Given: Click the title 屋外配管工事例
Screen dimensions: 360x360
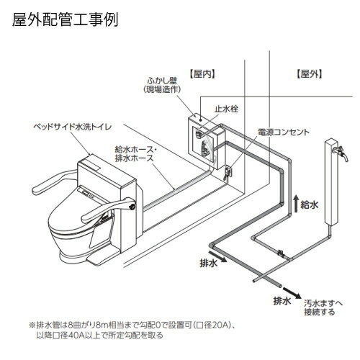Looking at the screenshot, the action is click(66, 19).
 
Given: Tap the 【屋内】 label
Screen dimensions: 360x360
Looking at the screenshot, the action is click(202, 74).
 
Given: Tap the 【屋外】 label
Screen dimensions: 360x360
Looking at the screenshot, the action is click(309, 74).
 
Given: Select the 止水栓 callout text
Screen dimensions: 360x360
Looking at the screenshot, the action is click(226, 109).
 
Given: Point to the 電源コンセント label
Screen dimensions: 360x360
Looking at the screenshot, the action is click(284, 132).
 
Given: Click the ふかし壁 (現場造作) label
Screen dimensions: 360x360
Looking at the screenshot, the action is click(162, 85).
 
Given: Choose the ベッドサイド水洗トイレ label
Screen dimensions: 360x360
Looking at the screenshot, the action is click(73, 127).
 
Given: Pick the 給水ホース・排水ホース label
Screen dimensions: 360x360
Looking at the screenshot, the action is click(136, 154).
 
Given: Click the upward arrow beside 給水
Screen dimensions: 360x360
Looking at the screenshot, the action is click(296, 204).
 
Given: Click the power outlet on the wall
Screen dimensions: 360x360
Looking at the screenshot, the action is click(228, 173).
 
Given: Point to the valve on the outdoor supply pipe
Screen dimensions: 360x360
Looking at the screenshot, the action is click(280, 253).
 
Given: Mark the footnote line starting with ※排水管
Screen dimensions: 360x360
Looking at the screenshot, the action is click(133, 325).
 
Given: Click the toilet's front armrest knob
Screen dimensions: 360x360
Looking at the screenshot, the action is click(132, 206).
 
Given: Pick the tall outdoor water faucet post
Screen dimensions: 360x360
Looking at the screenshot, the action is click(331, 181).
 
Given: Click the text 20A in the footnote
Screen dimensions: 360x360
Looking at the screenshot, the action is click(220, 325).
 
